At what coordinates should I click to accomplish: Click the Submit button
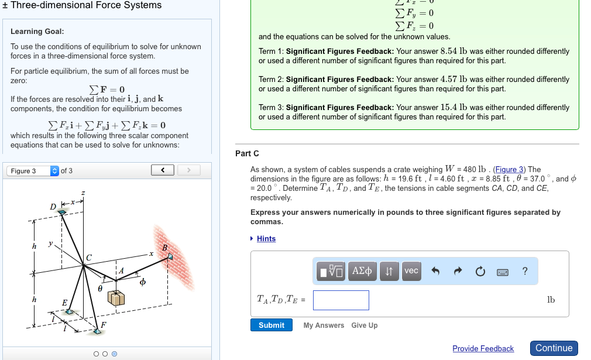pos(272,325)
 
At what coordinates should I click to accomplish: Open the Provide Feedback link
pos(483,348)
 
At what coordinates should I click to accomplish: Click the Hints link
pos(266,238)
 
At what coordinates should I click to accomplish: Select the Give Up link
pos(364,325)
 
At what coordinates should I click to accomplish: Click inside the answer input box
pos(341,300)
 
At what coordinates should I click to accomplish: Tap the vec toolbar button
pos(411,271)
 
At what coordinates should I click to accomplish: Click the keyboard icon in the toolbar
pos(502,272)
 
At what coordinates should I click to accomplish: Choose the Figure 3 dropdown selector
pos(33,171)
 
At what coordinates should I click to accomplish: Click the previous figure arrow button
pos(163,170)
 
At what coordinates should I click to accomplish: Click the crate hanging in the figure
pos(116,297)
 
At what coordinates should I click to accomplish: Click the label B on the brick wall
pos(164,248)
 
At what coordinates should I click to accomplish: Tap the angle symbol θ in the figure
pos(100,289)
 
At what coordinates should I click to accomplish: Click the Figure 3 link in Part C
pos(510,170)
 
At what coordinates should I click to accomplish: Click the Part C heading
pos(247,153)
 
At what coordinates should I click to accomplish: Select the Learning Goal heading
pos(37,31)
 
